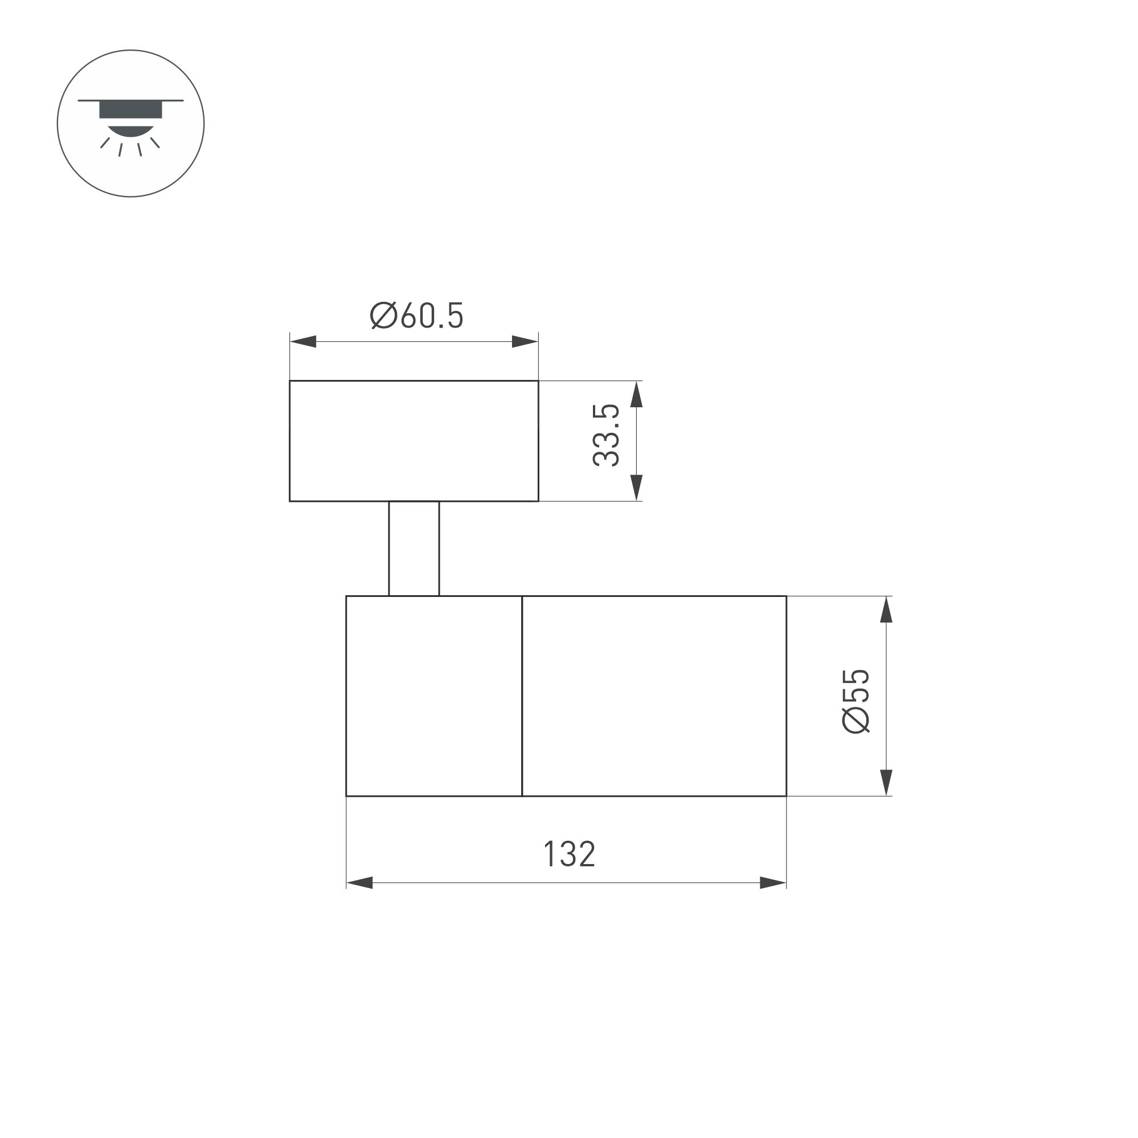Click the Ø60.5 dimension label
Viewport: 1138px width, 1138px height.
416,316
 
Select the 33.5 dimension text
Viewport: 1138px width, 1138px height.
606,435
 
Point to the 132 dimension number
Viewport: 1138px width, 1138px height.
569,855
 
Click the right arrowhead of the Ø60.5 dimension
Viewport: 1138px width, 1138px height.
525,342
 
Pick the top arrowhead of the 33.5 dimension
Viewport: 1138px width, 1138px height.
636,395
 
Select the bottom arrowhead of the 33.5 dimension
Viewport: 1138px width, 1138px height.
636,488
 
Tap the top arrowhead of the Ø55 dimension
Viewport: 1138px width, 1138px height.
886,609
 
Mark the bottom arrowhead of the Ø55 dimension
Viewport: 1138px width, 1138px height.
886,783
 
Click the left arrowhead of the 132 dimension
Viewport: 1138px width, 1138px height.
360,883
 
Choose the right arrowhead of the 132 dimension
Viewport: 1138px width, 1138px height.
773,883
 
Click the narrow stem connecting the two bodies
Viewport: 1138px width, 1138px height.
414,548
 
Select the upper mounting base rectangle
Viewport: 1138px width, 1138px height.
414,441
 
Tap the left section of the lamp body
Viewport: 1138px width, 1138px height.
434,696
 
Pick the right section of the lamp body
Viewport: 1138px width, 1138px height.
654,696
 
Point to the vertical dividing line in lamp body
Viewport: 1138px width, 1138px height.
522,696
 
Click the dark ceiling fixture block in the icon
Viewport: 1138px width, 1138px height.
131,110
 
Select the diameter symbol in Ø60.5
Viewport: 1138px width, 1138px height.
383,316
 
